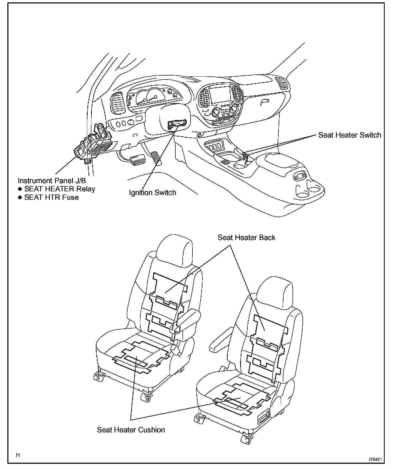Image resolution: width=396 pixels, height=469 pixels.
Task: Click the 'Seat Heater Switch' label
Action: coord(349,135)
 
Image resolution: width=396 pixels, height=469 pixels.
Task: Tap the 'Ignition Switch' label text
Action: coord(152,193)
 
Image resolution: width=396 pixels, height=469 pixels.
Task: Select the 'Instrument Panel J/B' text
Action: coord(52,181)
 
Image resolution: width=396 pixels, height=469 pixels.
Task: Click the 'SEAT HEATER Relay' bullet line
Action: coord(60,189)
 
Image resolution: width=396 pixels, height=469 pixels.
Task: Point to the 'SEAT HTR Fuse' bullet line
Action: coord(51,197)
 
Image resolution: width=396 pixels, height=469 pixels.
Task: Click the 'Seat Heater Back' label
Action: coord(246,238)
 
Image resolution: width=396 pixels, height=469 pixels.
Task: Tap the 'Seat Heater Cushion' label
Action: coord(131,430)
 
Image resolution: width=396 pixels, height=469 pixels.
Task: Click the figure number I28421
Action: coord(375,459)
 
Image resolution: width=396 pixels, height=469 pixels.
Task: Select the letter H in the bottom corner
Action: coord(18,455)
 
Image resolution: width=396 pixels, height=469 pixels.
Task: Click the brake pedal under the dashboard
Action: coord(137,160)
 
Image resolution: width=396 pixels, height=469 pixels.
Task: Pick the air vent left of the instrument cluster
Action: coord(116,103)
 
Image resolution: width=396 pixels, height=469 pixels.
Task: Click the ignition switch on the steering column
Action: coord(176,124)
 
